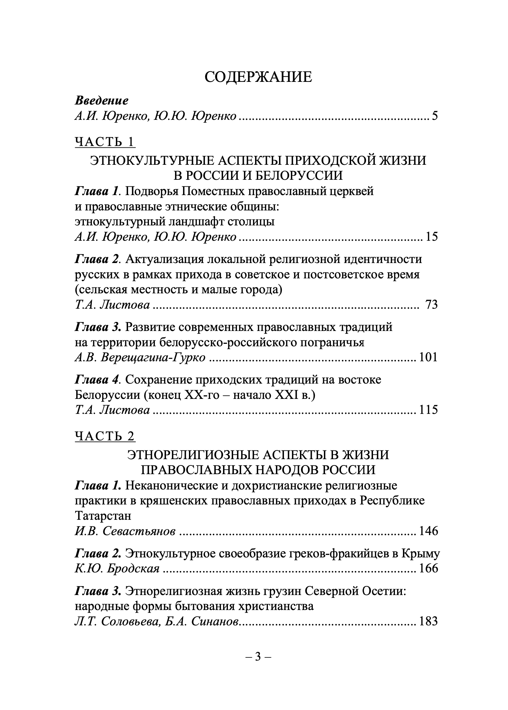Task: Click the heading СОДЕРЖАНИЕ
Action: pyautogui.click(x=258, y=77)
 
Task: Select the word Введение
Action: pyautogui.click(x=102, y=101)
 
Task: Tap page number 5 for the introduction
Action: pyautogui.click(x=435, y=116)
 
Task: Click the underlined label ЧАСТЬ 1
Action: pyautogui.click(x=105, y=142)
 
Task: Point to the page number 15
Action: pyautogui.click(x=431, y=237)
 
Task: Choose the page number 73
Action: pyautogui.click(x=431, y=305)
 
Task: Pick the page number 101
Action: pyautogui.click(x=428, y=357)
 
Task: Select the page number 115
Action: pyautogui.click(x=428, y=410)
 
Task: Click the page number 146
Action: pyautogui.click(x=428, y=531)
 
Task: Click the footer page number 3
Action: pyautogui.click(x=258, y=657)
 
